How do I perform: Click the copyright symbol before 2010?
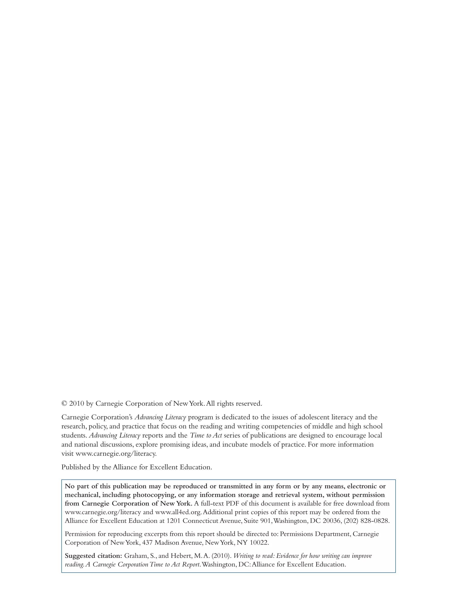[64, 403]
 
